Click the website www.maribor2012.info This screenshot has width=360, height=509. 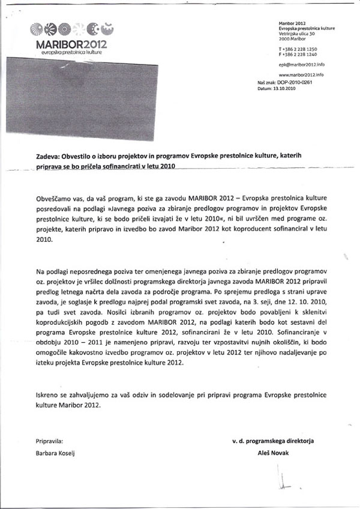click(301, 74)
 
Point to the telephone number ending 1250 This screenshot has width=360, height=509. click(298, 47)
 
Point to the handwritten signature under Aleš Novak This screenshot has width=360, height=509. click(284, 480)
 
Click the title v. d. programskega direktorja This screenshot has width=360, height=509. click(272, 441)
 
